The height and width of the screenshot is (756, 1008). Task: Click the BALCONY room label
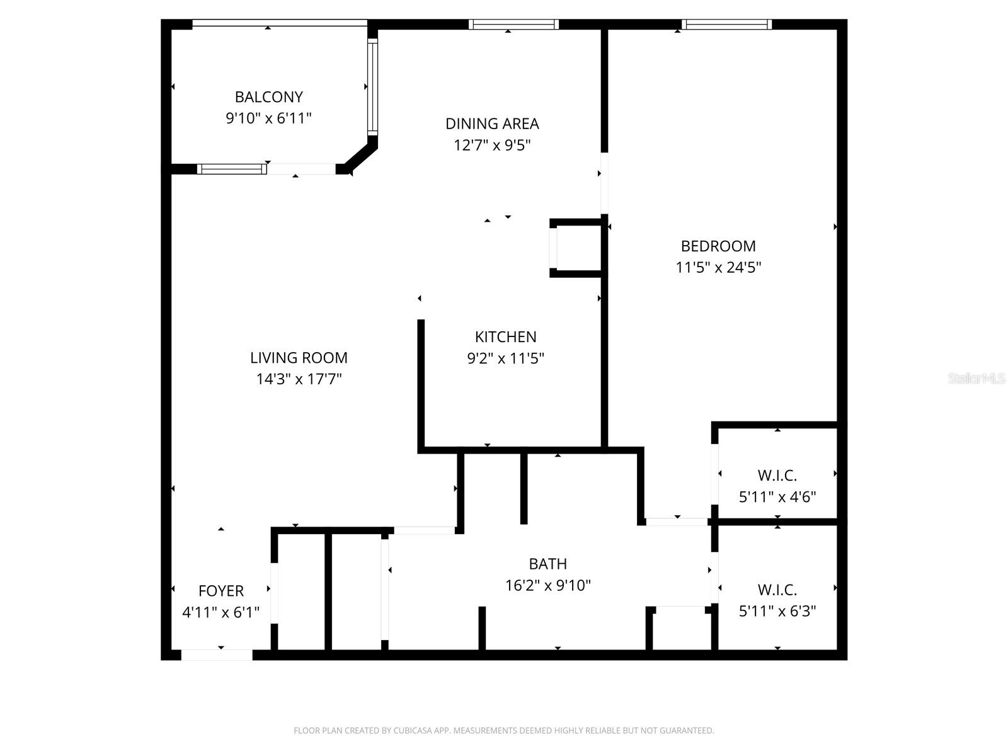click(x=268, y=97)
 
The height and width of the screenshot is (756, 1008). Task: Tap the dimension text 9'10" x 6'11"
click(x=268, y=118)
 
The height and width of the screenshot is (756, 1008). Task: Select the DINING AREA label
click(x=492, y=123)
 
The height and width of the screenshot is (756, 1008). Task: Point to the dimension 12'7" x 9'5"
click(x=492, y=145)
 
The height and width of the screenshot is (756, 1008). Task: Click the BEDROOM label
click(x=718, y=246)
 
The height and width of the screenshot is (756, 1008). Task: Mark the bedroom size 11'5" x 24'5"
click(x=718, y=267)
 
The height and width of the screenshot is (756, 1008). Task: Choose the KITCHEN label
click(x=505, y=336)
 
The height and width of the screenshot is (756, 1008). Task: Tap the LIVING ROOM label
click(x=299, y=358)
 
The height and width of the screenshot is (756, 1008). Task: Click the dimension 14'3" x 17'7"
click(x=299, y=379)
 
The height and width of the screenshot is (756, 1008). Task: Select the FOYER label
click(x=220, y=591)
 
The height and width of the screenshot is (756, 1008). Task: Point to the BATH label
click(x=547, y=564)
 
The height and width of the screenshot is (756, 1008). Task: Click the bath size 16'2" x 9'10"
click(x=547, y=585)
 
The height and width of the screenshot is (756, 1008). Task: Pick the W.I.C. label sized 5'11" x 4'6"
click(x=777, y=476)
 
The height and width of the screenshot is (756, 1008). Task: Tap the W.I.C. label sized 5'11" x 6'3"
click(x=777, y=590)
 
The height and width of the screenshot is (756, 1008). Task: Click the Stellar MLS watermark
click(x=976, y=379)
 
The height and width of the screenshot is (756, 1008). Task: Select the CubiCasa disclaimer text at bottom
click(x=504, y=731)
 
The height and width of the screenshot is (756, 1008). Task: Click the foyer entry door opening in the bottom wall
click(x=217, y=655)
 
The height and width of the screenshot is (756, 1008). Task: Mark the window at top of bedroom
click(x=726, y=25)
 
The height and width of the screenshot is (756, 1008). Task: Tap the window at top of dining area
click(x=513, y=25)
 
